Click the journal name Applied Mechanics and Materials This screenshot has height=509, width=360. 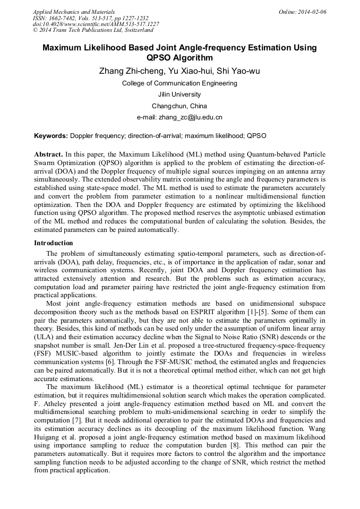pos(73,12)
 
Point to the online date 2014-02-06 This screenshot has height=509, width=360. pos(312,12)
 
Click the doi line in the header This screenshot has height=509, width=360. pos(96,24)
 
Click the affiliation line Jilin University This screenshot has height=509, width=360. pos(179,94)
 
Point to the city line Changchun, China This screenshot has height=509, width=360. pos(179,106)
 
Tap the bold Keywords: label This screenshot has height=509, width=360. pos(51,136)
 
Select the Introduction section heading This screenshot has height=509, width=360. pos(54,243)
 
